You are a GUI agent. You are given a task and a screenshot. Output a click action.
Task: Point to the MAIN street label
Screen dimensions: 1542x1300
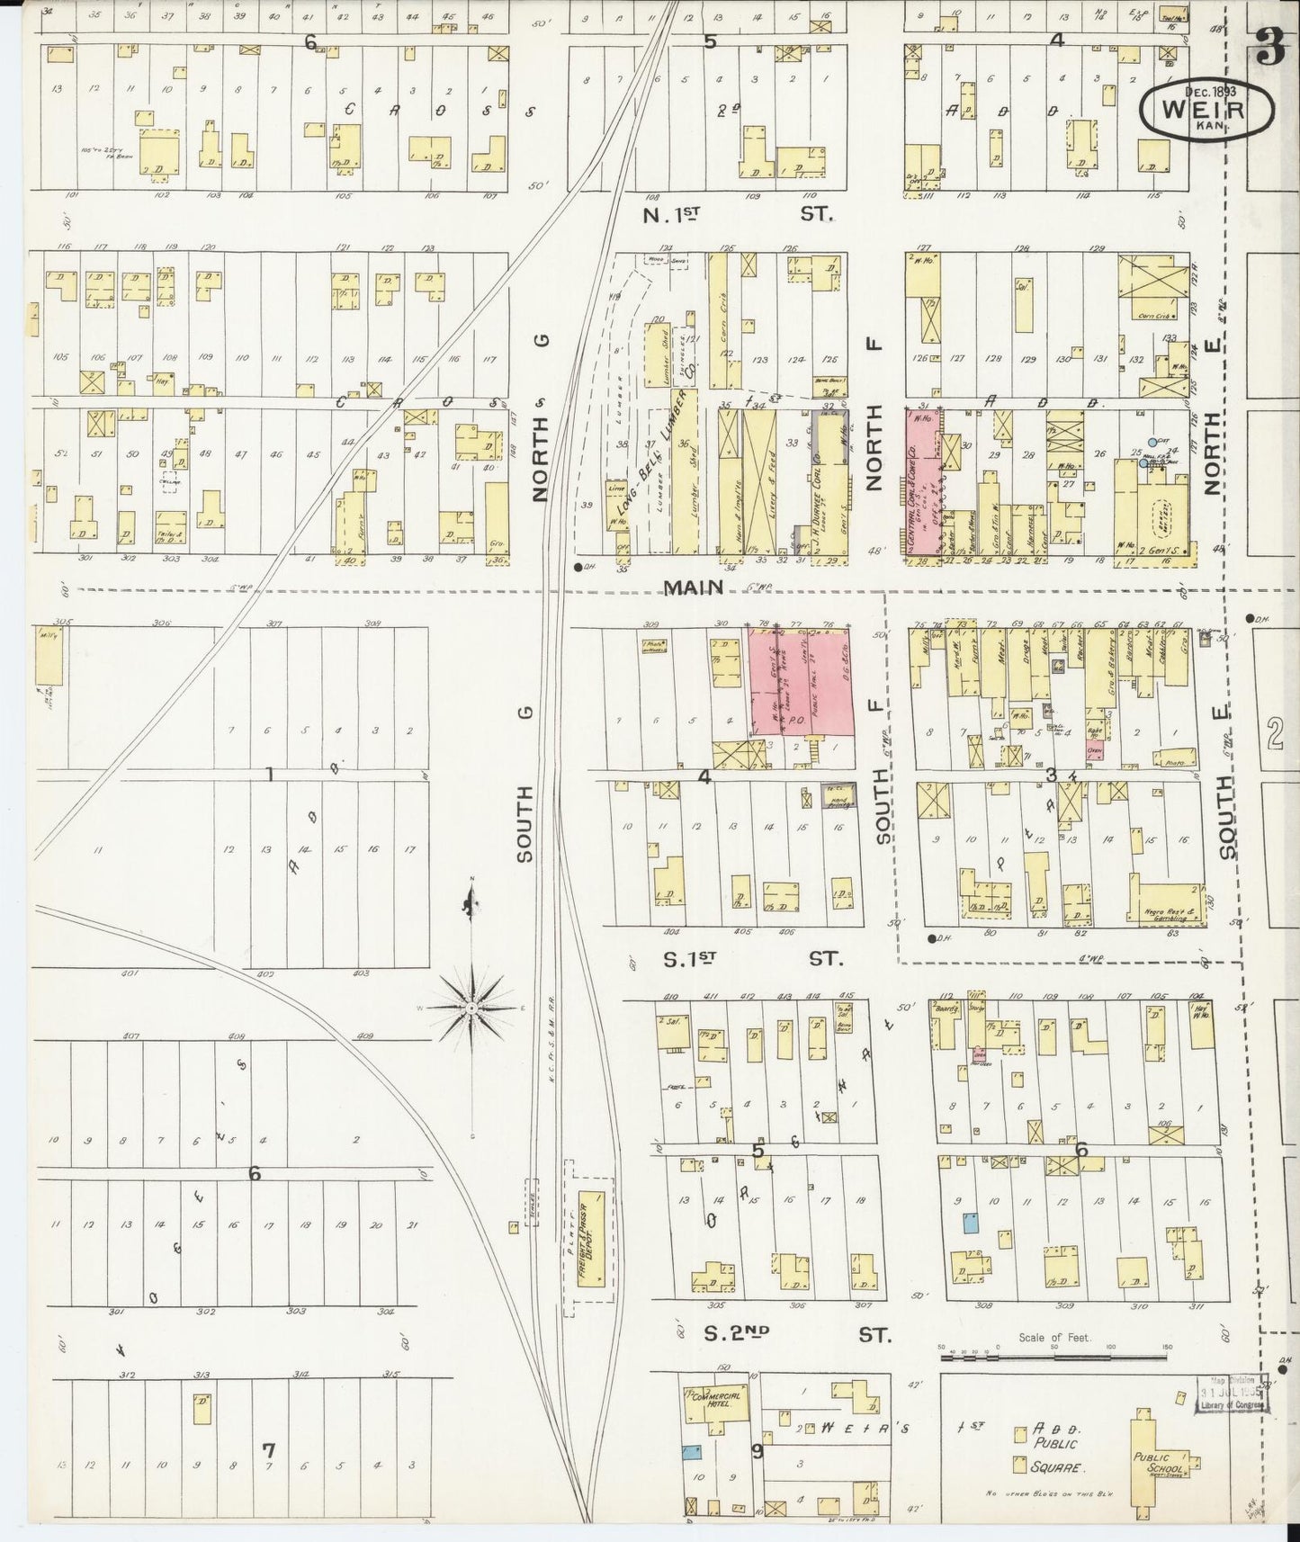[x=695, y=587]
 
